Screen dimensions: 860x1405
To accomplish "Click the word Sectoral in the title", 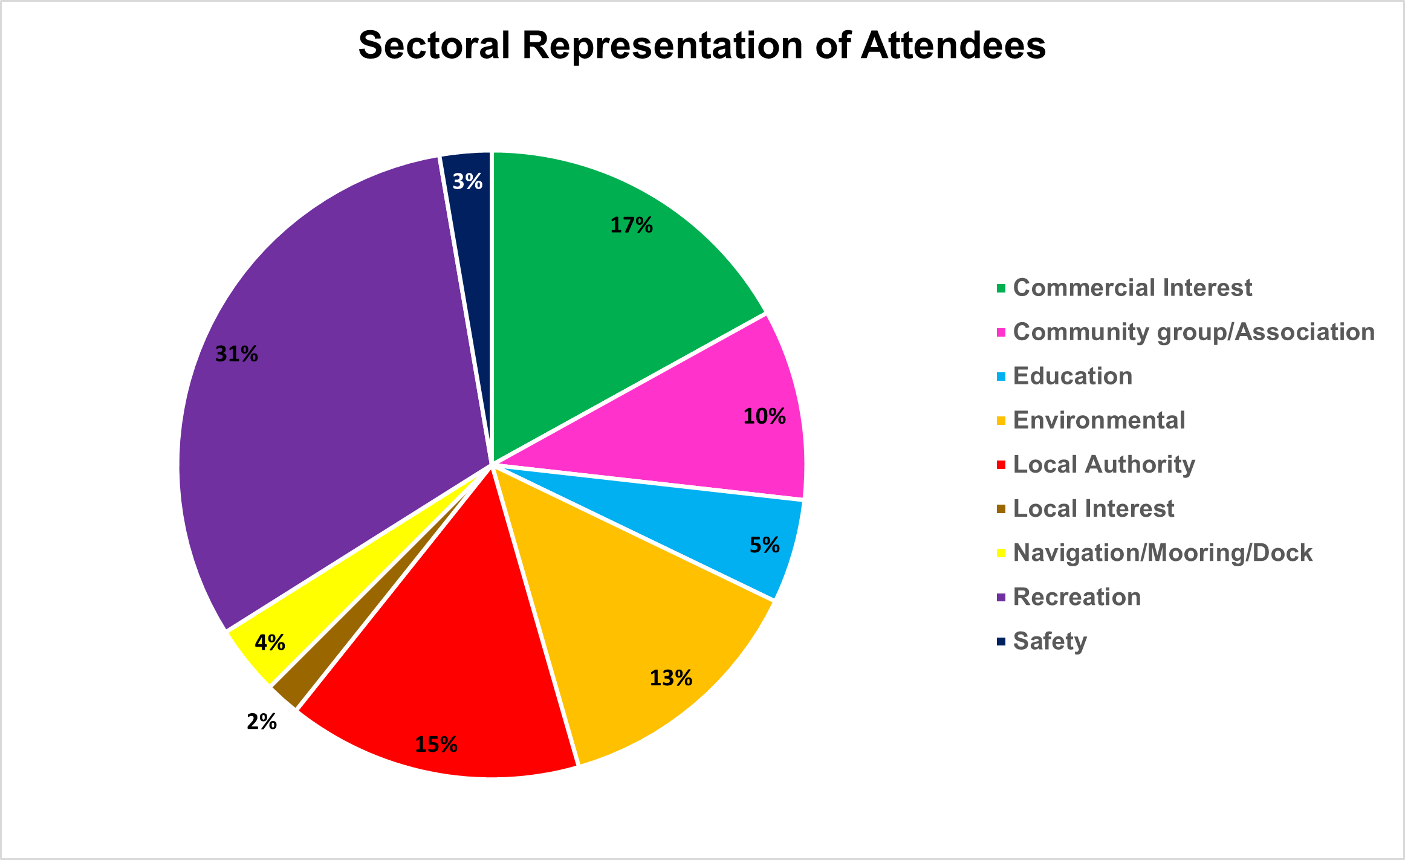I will (434, 45).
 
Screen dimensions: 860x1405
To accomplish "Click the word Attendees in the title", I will (953, 45).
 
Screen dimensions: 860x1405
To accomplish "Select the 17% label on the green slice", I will (631, 225).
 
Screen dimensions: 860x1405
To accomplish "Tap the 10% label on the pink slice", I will (764, 416).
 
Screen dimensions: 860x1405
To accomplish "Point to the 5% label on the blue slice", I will (764, 546).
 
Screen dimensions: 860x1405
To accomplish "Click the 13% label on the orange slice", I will (670, 679).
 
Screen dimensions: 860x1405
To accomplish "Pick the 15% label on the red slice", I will (436, 745).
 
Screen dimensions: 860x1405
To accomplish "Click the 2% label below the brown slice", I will (261, 722).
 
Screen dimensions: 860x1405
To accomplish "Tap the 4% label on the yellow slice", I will (270, 642).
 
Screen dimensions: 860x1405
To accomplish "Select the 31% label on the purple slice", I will (236, 354).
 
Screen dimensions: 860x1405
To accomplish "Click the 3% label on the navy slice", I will (467, 181).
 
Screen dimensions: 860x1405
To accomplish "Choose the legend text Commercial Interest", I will (1132, 288).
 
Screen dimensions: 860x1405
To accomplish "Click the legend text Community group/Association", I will (1193, 332).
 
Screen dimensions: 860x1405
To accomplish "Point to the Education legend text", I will (1072, 376).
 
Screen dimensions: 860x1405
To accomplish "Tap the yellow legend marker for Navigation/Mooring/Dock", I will (1001, 553).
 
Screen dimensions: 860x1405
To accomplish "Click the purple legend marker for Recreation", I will (1001, 597).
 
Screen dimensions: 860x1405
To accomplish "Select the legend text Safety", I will (1050, 641).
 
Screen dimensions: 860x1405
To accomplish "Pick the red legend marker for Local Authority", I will (1001, 465).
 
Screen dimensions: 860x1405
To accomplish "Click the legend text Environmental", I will (1098, 420).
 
